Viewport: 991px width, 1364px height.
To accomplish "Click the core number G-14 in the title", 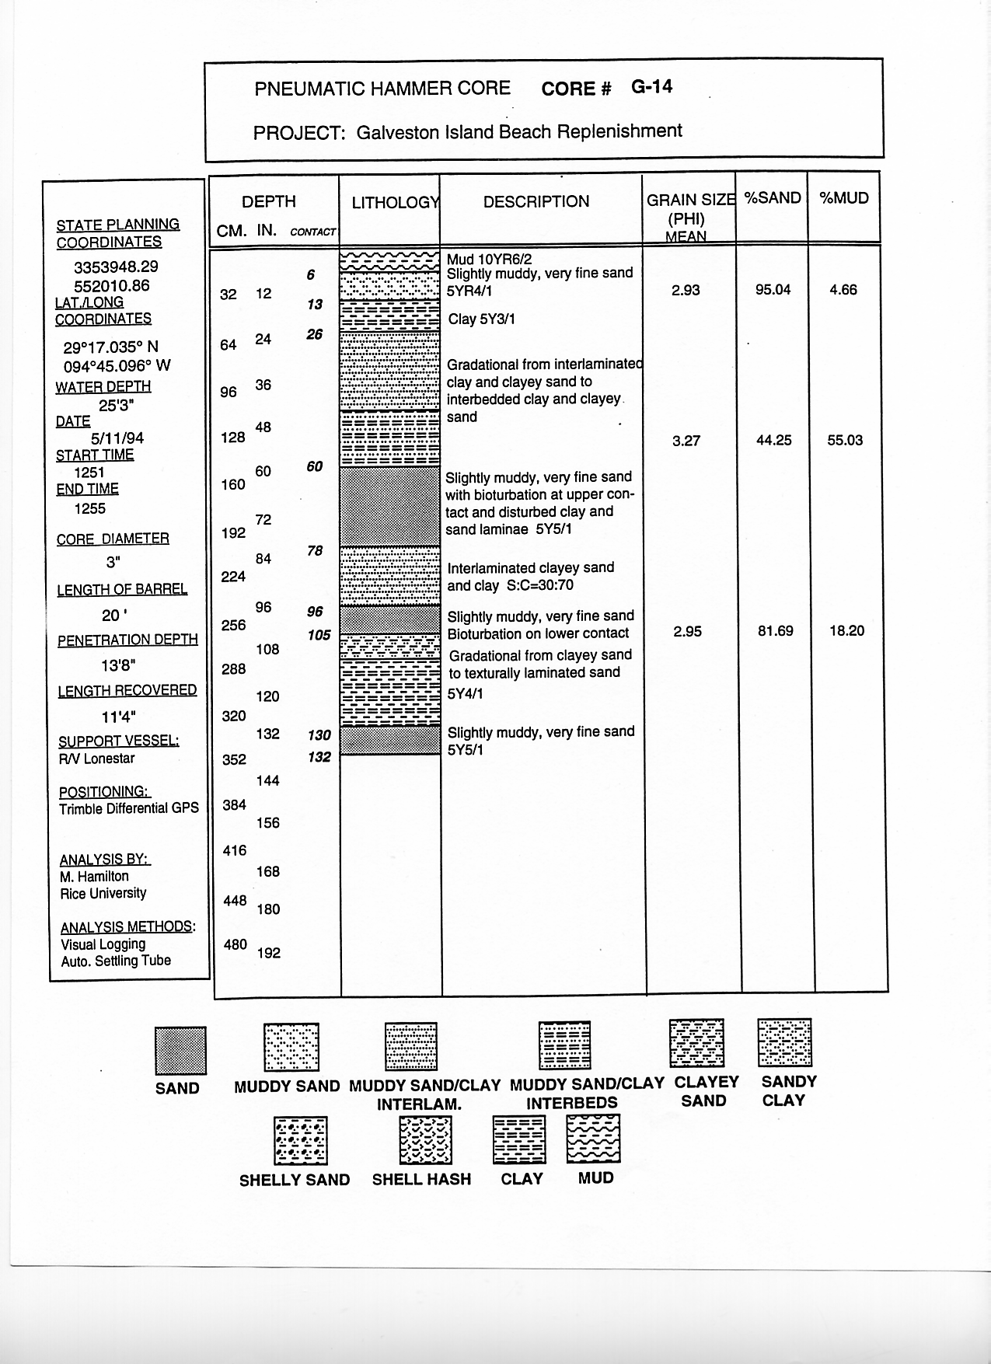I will [651, 87].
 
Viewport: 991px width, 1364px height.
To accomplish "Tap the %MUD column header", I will [844, 198].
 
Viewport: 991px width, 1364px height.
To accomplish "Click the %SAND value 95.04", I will [773, 290].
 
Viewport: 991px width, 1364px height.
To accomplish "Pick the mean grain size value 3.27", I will [686, 441].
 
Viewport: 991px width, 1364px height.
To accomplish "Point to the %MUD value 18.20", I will [846, 630].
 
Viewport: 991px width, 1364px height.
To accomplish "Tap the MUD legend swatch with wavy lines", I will [594, 1139].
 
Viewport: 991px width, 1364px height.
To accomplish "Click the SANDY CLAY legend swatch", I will [784, 1043].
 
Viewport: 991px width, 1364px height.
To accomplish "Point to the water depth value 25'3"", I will [117, 404].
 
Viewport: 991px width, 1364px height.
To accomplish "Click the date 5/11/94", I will [117, 438].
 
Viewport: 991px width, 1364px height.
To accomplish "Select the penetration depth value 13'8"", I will [114, 665].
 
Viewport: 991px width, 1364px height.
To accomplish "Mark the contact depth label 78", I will [315, 551].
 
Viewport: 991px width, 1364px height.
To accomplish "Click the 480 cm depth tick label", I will [236, 945].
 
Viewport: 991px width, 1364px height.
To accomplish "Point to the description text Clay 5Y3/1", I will [481, 319].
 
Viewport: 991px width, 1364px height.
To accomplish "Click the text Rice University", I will [103, 893].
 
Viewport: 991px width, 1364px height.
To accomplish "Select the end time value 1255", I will [90, 508].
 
